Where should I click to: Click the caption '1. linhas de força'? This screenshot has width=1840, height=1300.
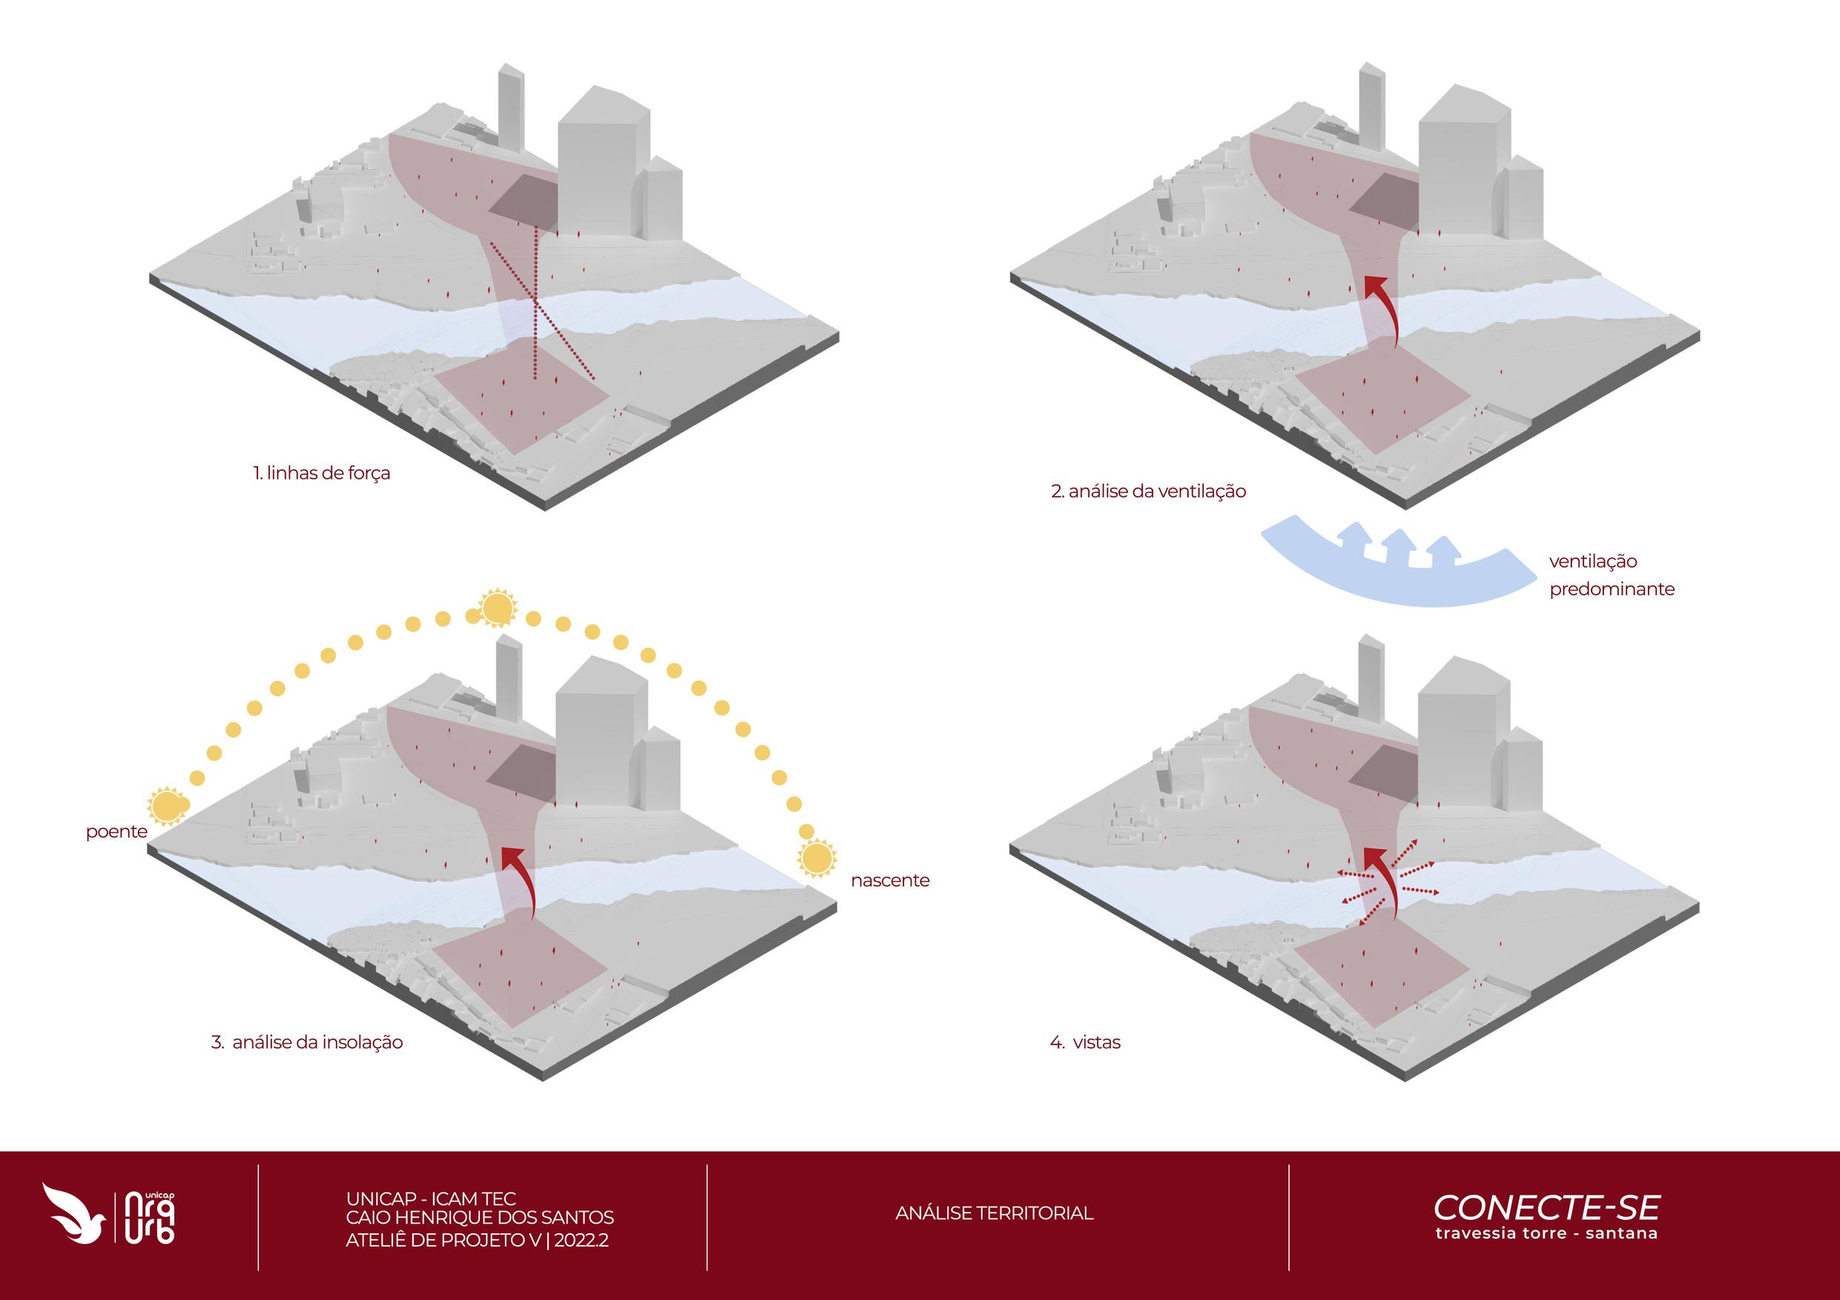point(321,474)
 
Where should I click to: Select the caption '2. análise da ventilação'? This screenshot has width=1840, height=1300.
point(1148,491)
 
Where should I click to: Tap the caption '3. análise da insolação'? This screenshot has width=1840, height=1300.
point(307,1042)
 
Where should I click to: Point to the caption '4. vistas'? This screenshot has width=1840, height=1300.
point(1085,1042)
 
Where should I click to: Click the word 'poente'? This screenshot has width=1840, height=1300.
point(116,832)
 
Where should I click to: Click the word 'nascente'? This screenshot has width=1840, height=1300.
point(889,881)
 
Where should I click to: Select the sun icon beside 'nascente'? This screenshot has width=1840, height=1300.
point(817,858)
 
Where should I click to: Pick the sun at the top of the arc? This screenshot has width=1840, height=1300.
point(497,608)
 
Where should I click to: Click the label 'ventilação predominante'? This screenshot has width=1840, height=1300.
point(1612,575)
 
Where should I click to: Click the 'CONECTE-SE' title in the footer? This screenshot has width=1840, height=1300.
point(1546,1207)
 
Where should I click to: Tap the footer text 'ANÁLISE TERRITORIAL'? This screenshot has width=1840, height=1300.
point(994,1213)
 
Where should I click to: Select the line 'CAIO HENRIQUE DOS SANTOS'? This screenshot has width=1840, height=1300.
point(479,1218)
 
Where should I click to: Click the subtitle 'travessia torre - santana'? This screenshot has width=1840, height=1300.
point(1546,1233)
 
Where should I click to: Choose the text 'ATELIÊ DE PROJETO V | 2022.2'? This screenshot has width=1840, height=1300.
point(477,1240)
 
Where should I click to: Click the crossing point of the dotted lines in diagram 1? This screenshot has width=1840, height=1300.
point(536,300)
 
